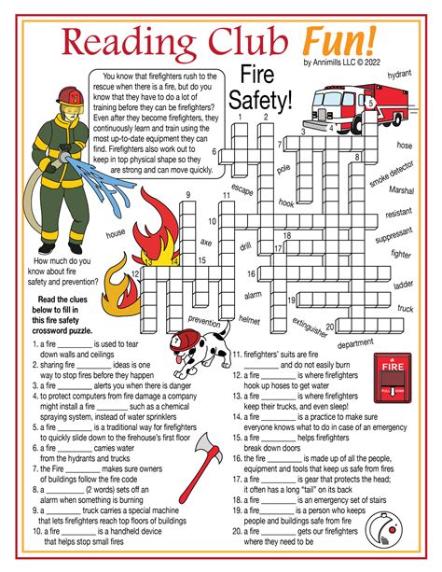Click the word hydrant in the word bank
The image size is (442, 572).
pyautogui.click(x=400, y=73)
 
